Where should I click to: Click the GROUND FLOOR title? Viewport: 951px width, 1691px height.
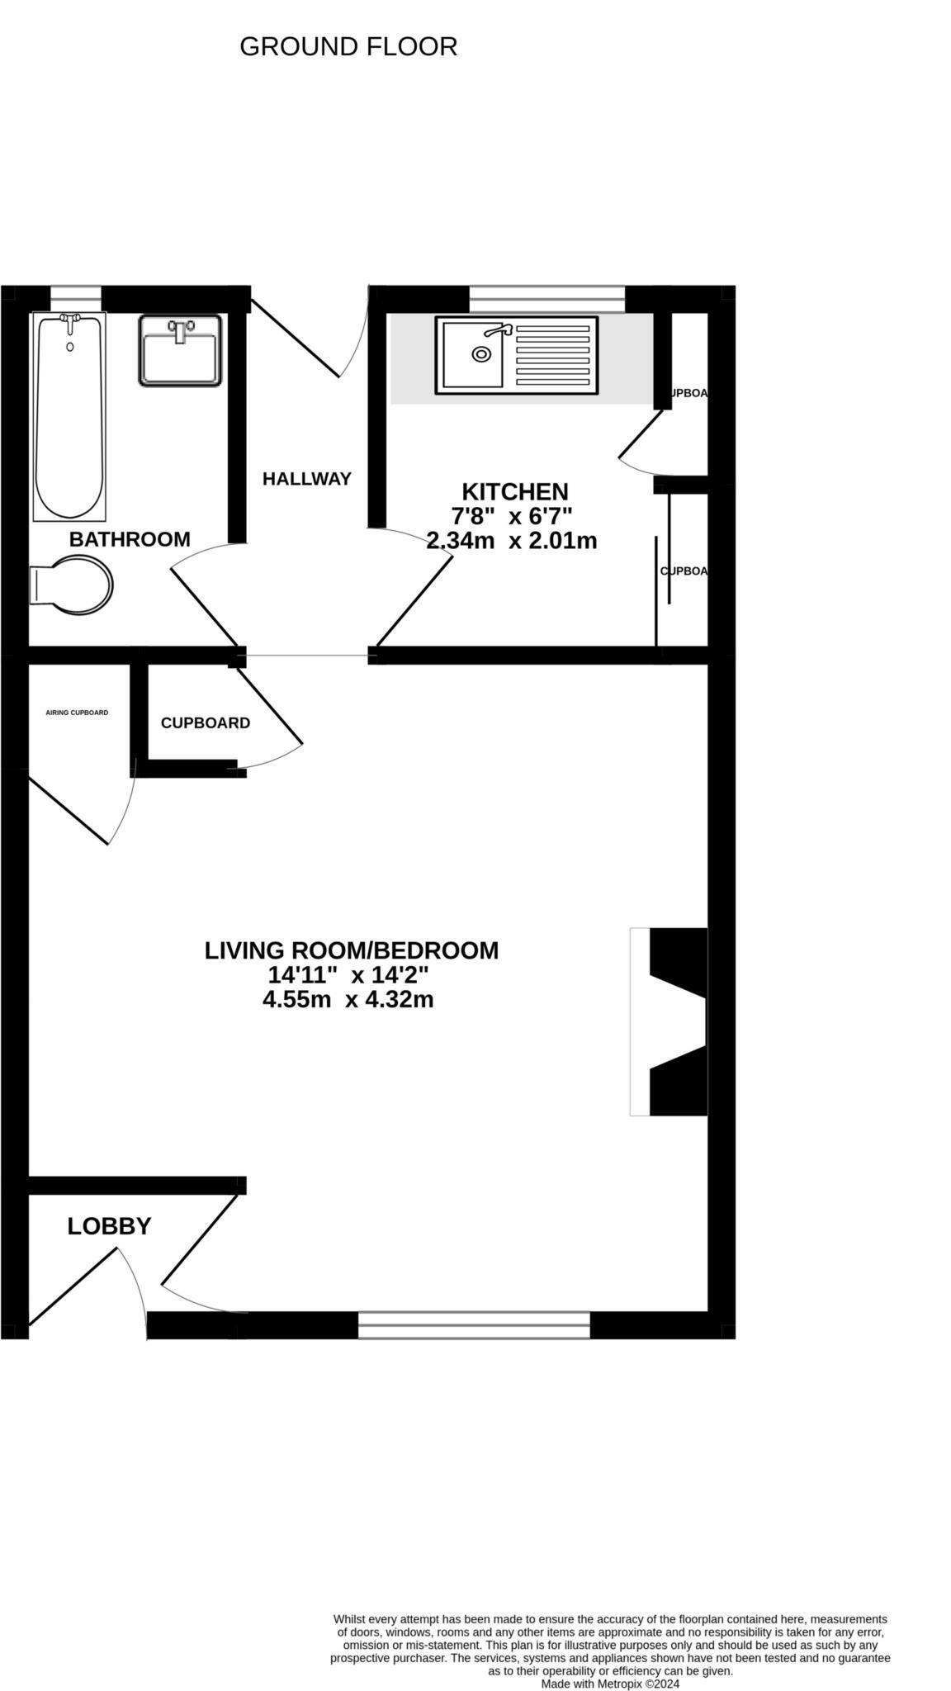[x=348, y=46]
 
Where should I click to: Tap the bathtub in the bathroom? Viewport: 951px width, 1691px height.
[x=69, y=417]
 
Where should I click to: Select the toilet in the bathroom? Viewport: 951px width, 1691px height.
[x=73, y=585]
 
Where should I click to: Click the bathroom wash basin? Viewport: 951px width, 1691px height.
[x=180, y=350]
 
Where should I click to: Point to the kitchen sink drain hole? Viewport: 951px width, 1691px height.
[x=480, y=354]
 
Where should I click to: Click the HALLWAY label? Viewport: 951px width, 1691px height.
[x=307, y=479]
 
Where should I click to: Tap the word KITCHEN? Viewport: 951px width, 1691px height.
[x=514, y=492]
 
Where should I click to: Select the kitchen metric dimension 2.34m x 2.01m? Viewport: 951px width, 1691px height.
[x=512, y=542]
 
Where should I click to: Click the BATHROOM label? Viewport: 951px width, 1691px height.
[x=130, y=539]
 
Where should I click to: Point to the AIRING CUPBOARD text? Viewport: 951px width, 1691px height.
[x=77, y=713]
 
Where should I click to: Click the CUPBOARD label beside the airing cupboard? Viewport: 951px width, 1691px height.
[x=206, y=723]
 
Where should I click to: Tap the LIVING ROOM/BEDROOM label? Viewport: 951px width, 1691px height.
[x=352, y=950]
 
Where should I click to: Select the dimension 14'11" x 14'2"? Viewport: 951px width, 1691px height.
[x=348, y=975]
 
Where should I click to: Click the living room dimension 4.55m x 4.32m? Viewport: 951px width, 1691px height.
[x=348, y=1000]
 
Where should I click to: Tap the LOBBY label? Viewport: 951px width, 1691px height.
[x=109, y=1226]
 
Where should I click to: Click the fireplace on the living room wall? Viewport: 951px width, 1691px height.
[x=670, y=1021]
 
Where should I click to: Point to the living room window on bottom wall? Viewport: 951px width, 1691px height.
[x=474, y=1325]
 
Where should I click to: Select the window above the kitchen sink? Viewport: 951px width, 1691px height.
[x=547, y=298]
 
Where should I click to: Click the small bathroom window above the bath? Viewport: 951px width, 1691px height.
[x=76, y=297]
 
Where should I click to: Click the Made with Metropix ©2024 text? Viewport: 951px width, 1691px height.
[x=610, y=1660]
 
